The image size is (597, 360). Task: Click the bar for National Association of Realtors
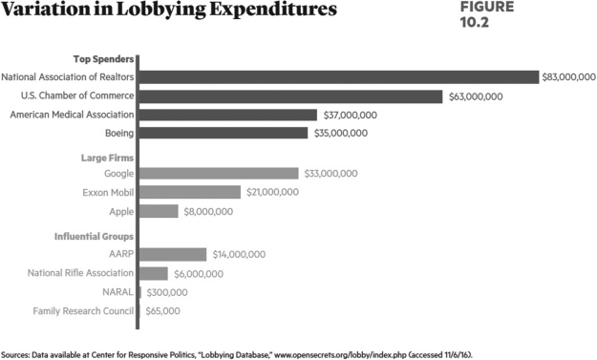click(339, 77)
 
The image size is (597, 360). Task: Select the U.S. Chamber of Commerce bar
click(291, 96)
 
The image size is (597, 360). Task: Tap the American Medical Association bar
click(228, 115)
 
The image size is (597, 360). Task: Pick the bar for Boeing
click(224, 133)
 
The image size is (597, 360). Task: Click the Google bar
click(219, 173)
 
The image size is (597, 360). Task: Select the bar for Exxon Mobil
click(190, 192)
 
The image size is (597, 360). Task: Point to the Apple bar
click(160, 211)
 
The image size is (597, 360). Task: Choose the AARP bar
click(174, 254)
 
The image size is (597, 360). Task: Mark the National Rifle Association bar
click(154, 273)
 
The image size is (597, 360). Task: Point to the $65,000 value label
click(162, 310)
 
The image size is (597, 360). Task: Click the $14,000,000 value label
click(239, 254)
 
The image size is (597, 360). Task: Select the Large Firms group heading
click(106, 155)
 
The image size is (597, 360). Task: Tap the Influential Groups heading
click(95, 235)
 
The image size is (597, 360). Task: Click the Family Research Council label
click(83, 310)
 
